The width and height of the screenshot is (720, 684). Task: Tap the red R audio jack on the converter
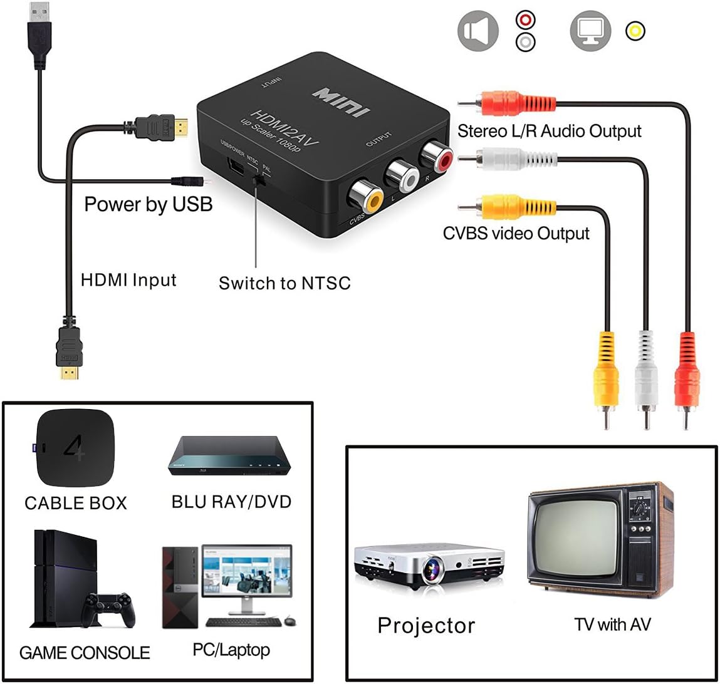(436, 157)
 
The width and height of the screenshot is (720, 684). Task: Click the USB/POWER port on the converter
(237, 166)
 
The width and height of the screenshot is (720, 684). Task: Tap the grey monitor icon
(590, 31)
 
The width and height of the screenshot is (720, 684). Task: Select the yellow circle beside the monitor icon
(635, 31)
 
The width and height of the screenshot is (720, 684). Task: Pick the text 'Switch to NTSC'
(284, 283)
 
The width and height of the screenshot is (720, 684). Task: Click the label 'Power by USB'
(149, 204)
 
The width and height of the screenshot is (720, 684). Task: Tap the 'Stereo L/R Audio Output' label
(550, 131)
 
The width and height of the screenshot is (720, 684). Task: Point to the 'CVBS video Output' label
(516, 233)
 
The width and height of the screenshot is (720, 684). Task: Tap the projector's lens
(430, 571)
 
